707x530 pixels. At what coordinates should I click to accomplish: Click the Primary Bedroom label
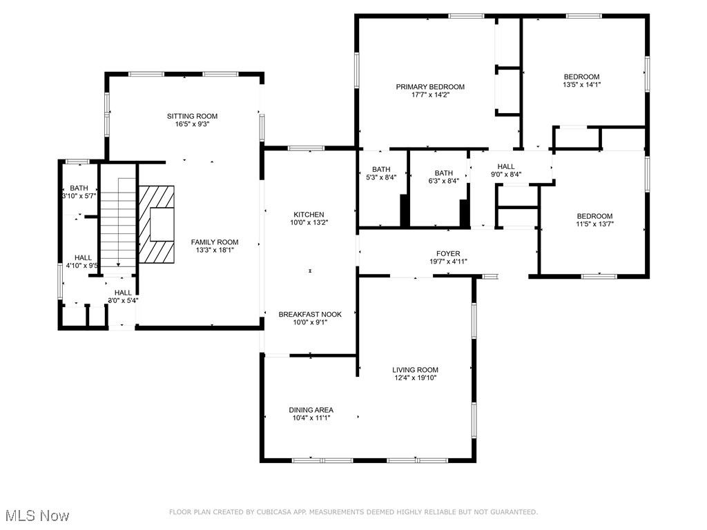(429, 87)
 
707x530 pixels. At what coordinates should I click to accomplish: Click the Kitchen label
(308, 215)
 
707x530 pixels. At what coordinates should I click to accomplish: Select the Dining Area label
(311, 410)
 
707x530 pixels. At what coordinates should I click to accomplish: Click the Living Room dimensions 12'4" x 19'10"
(416, 377)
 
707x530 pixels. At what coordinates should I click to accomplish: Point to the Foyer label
(447, 254)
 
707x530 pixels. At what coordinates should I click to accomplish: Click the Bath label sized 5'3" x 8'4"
(381, 170)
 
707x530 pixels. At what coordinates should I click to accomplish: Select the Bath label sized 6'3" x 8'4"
(443, 173)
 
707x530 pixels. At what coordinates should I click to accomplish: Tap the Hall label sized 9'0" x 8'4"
(506, 166)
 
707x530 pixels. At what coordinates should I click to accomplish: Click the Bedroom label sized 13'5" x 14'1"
(581, 77)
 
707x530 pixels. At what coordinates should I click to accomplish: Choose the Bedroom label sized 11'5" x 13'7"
(594, 216)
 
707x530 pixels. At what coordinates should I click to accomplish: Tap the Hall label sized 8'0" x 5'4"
(123, 293)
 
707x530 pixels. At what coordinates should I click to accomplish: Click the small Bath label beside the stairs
(79, 188)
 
